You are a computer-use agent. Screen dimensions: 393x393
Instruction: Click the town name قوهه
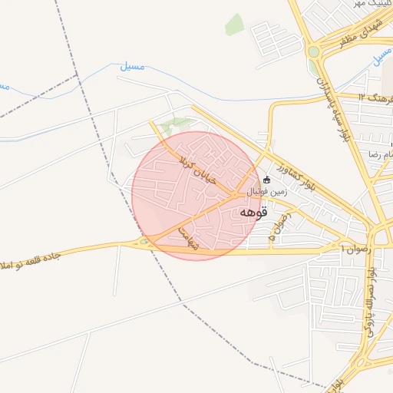click(x=253, y=212)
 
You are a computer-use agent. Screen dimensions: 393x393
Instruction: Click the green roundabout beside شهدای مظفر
click(x=313, y=51)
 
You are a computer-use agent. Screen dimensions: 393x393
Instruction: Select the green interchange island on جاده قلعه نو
click(x=144, y=243)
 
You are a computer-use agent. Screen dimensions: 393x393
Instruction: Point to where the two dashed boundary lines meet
click(x=78, y=75)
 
